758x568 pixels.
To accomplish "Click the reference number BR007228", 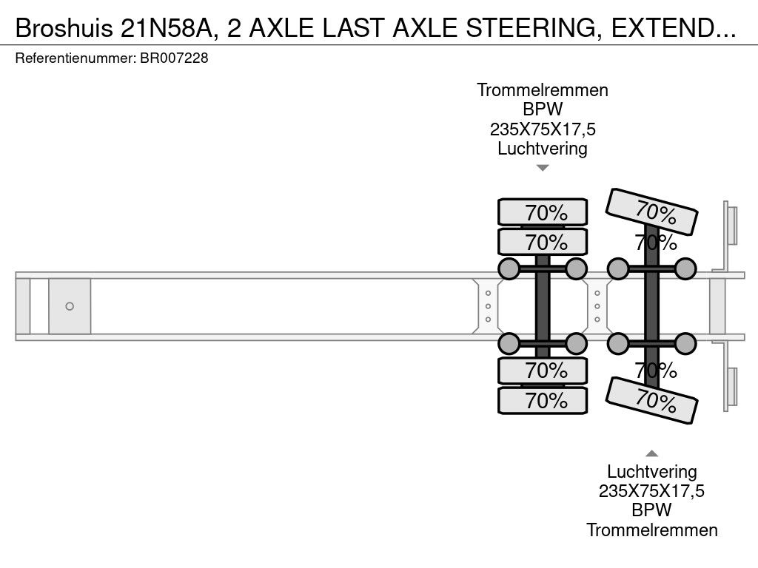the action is (174, 58).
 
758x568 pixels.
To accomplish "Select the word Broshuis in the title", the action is (64, 29).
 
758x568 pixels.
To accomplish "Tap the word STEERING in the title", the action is (531, 29).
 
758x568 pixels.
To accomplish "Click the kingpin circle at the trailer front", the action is (70, 306).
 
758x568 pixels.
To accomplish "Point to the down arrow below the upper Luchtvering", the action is (543, 168).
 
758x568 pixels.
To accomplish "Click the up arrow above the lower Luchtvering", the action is (651, 453).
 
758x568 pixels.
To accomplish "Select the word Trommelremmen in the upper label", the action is (543, 90).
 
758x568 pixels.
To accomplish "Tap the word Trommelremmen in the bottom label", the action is (651, 530).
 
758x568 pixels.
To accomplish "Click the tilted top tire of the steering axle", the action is (651, 212).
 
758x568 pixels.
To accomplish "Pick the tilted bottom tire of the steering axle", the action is (651, 400).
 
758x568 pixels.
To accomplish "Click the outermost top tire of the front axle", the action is (543, 212).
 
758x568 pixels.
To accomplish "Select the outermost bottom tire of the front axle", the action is (543, 400).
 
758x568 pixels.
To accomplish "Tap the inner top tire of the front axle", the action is (543, 242).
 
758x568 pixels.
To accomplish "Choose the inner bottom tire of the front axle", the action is (543, 371).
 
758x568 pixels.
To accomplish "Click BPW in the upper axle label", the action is (543, 109).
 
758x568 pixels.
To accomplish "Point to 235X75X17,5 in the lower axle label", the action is (651, 491).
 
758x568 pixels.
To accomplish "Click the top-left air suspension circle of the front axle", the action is (509, 269).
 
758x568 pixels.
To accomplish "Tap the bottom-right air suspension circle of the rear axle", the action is (685, 344).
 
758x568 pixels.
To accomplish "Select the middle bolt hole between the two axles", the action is (597, 306).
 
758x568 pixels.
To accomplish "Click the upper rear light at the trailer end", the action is (731, 226).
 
